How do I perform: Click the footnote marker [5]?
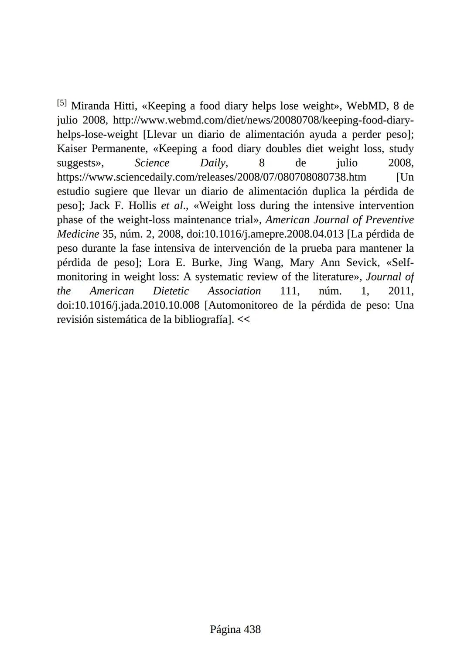point(62,103)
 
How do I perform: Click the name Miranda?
point(89,106)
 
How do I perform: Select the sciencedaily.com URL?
point(212,177)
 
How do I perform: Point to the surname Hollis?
point(142,206)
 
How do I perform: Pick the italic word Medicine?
point(78,234)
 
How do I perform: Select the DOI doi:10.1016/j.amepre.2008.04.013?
point(265,234)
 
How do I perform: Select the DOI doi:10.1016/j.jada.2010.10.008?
point(128,305)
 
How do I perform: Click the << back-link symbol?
point(244,320)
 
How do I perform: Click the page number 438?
point(252,629)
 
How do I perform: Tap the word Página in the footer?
point(225,629)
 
